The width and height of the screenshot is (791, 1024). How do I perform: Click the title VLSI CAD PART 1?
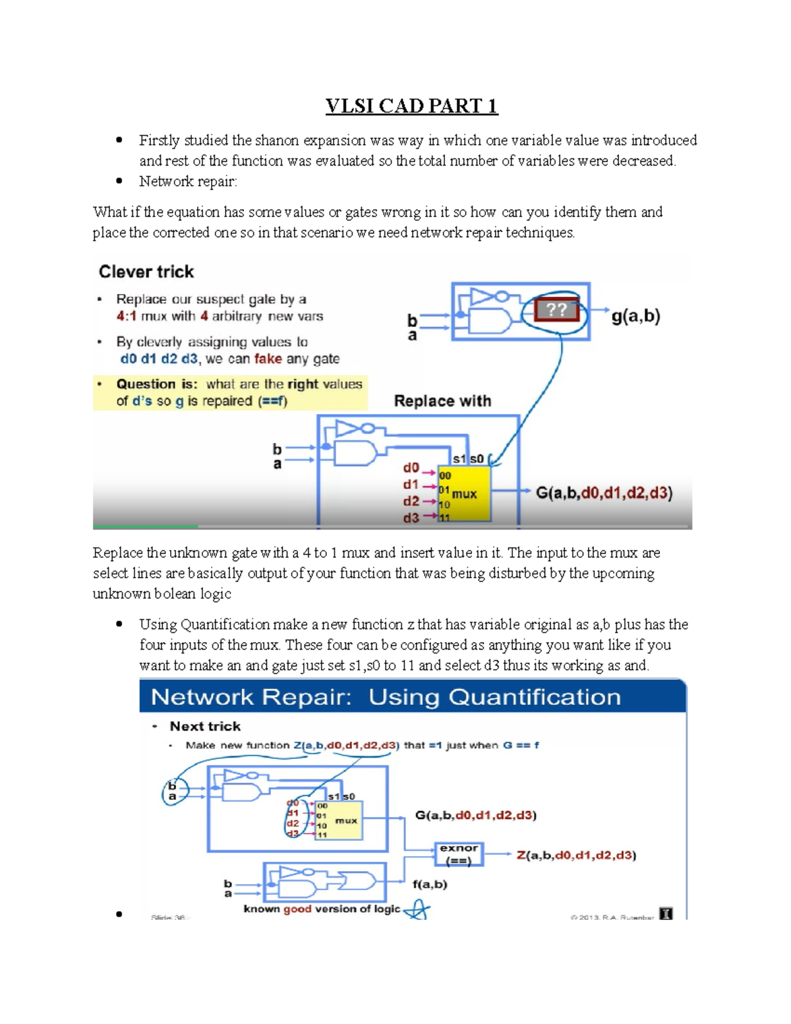click(411, 106)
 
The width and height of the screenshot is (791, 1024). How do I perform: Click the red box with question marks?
click(556, 310)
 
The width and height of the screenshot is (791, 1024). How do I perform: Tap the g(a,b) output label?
click(635, 316)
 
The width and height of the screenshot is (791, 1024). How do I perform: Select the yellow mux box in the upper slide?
click(465, 494)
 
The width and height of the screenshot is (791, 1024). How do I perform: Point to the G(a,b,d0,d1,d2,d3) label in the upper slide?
click(604, 493)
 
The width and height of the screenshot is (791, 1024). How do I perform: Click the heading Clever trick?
click(146, 272)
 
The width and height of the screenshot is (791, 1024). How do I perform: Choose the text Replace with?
click(442, 401)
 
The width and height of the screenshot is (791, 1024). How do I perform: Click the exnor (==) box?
click(459, 855)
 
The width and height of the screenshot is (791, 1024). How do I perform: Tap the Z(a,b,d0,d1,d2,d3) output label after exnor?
click(576, 855)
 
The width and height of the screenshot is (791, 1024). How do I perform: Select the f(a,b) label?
click(430, 884)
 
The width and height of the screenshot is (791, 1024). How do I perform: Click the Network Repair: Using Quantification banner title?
click(386, 697)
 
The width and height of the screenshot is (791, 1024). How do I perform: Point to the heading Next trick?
click(205, 726)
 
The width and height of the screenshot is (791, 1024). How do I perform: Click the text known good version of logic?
click(322, 909)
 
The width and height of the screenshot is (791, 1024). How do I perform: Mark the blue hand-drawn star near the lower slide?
click(417, 911)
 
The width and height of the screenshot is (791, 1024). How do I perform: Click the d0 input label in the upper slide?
click(411, 467)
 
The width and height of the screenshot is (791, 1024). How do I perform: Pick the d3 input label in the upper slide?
click(411, 518)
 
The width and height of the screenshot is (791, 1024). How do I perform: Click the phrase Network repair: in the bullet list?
click(188, 181)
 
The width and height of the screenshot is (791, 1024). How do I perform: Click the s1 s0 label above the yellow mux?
click(468, 459)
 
